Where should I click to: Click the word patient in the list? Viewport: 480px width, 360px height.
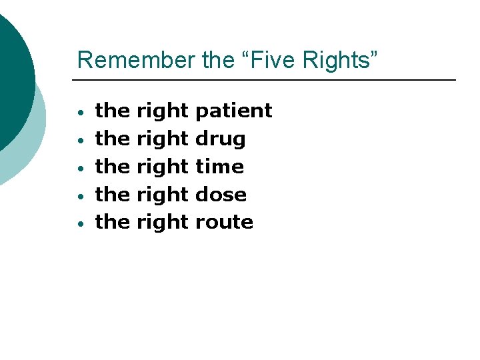pos(233,111)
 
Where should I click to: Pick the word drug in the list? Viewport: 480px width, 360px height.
pos(220,139)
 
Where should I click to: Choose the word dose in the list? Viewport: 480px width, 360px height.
pos(221,195)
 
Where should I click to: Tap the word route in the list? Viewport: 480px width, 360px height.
pos(224,223)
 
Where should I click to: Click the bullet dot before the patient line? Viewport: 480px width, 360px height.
pos(79,113)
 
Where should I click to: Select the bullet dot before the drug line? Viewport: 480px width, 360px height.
pos(79,141)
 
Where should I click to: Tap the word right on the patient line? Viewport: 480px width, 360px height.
pos(163,111)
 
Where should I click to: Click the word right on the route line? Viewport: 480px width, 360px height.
pos(163,223)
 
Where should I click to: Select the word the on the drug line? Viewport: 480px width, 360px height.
pos(112,139)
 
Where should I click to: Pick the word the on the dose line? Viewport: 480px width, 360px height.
pos(112,195)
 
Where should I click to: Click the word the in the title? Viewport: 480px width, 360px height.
pos(217,59)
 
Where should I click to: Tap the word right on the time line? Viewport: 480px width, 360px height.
pos(163,167)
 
